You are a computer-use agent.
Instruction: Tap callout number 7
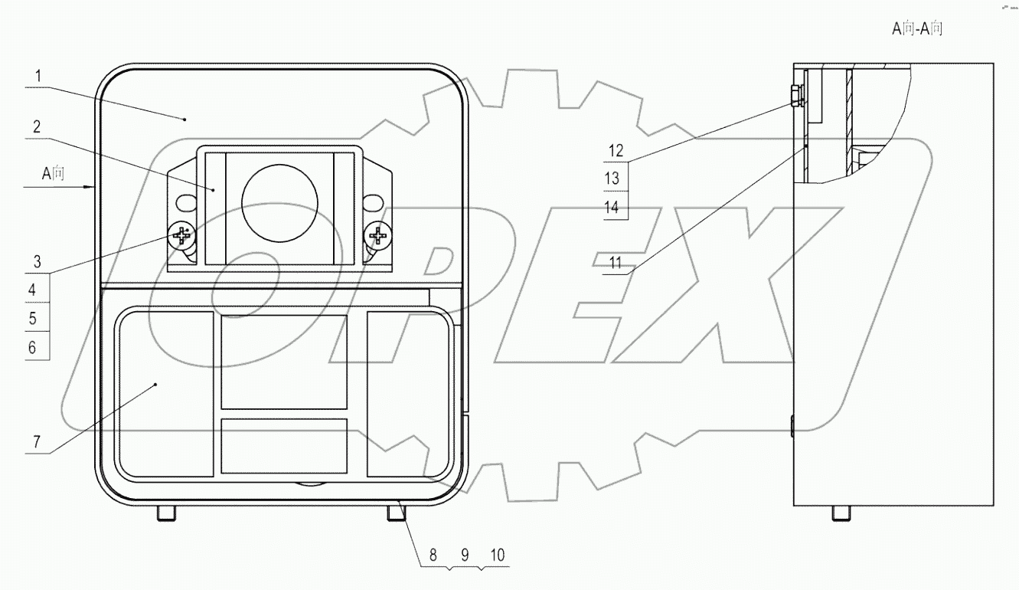(x=35, y=443)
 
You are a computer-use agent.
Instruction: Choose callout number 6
(x=32, y=347)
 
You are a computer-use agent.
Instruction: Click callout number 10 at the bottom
(x=497, y=556)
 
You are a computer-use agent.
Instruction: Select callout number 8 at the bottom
(x=433, y=556)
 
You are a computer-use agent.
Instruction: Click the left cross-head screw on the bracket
(x=181, y=235)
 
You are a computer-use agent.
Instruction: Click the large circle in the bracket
(x=279, y=202)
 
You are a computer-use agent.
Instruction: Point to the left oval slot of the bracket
(x=185, y=203)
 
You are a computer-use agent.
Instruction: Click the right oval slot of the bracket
(x=374, y=203)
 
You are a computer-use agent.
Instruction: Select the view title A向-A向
(x=916, y=29)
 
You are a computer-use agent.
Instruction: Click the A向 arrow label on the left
(x=54, y=174)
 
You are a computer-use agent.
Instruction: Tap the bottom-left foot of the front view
(x=166, y=513)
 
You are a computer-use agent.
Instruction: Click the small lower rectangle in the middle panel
(x=284, y=445)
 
